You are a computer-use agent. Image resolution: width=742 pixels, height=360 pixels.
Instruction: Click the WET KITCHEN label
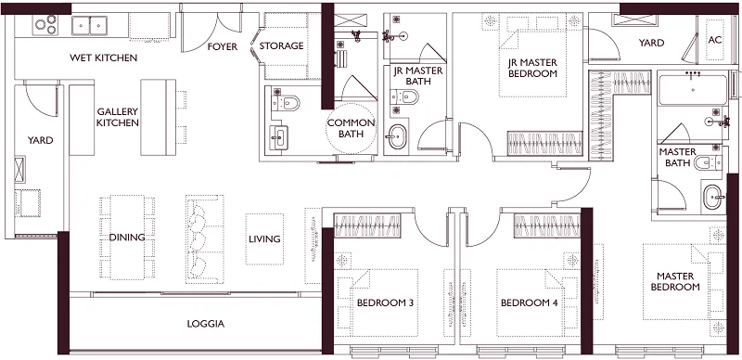tap(104, 58)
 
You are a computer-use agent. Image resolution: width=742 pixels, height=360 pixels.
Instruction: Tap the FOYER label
tap(223, 45)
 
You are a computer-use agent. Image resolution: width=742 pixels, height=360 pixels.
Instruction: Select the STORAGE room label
tap(281, 45)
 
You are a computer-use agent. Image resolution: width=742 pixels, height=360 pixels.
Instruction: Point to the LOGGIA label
tap(204, 324)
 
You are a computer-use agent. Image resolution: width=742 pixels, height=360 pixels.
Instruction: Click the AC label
tap(714, 41)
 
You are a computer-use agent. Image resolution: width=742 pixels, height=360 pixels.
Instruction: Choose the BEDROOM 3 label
tap(385, 302)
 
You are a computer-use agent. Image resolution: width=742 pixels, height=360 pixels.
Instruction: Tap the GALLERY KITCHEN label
tap(118, 117)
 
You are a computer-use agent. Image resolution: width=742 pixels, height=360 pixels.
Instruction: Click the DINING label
tap(127, 238)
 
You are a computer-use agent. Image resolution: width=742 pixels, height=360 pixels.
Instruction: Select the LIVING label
tap(264, 239)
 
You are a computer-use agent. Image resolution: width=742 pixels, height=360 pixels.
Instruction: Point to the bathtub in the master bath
tap(691, 91)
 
